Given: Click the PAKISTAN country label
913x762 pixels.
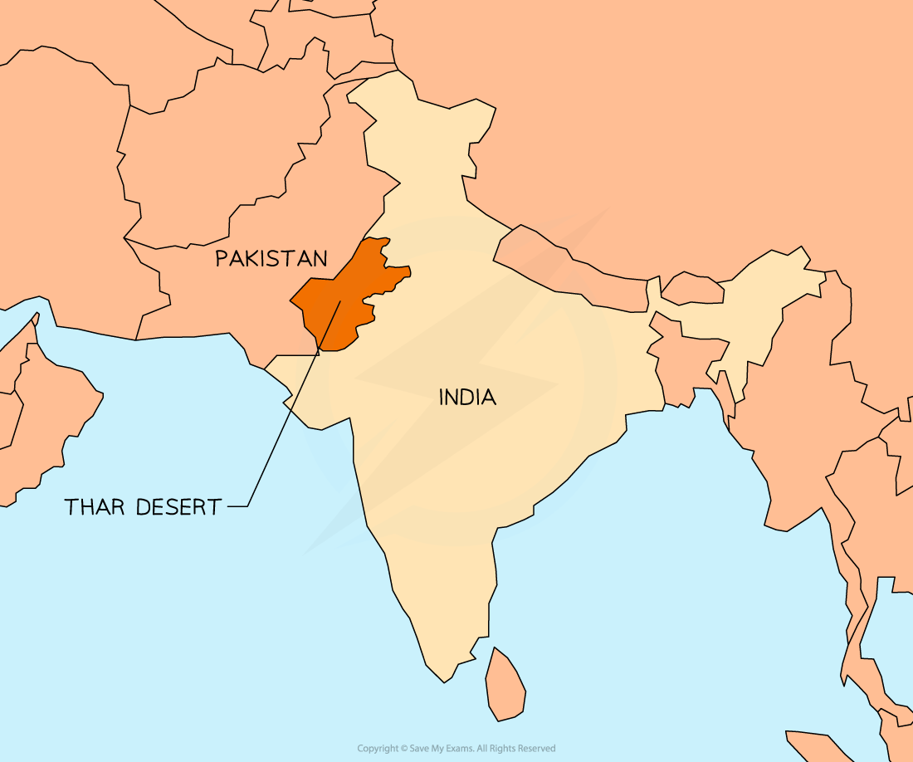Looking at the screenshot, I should pyautogui.click(x=271, y=258).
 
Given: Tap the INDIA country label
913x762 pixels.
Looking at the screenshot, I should pyautogui.click(x=467, y=398).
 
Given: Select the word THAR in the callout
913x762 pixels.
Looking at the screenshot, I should pyautogui.click(x=94, y=507).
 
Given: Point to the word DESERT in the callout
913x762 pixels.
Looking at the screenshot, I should pyautogui.click(x=181, y=507).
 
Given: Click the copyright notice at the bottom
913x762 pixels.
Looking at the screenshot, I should pyautogui.click(x=456, y=749).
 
